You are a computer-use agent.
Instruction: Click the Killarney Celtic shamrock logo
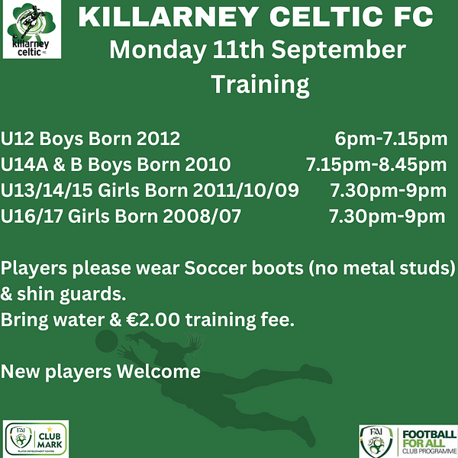pyautogui.click(x=32, y=29)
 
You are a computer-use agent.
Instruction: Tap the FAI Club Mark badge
pyautogui.click(x=36, y=439)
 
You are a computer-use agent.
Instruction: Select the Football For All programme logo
pyautogui.click(x=408, y=441)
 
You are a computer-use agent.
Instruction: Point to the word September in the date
pyautogui.click(x=338, y=50)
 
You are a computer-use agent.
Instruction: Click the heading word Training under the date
pyautogui.click(x=260, y=84)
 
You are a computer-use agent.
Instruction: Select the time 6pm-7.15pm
pyautogui.click(x=391, y=138)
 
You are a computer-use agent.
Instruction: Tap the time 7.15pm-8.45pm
pyautogui.click(x=376, y=164)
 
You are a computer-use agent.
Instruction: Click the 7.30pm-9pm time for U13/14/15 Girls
pyautogui.click(x=389, y=190)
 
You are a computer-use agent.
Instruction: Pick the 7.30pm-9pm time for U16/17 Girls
pyautogui.click(x=387, y=216)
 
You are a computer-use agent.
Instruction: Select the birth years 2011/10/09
pyautogui.click(x=246, y=190)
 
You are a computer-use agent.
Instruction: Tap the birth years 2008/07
pyautogui.click(x=202, y=216)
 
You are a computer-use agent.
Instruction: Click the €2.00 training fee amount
pyautogui.click(x=153, y=320)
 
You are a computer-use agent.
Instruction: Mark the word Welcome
pyautogui.click(x=159, y=371)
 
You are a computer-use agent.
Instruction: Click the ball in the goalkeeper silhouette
pyautogui.click(x=106, y=341)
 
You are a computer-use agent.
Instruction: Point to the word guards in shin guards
pyautogui.click(x=92, y=294)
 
